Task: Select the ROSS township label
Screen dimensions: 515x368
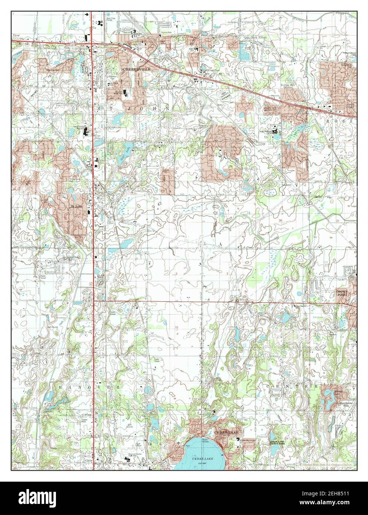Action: [x=347, y=121]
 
